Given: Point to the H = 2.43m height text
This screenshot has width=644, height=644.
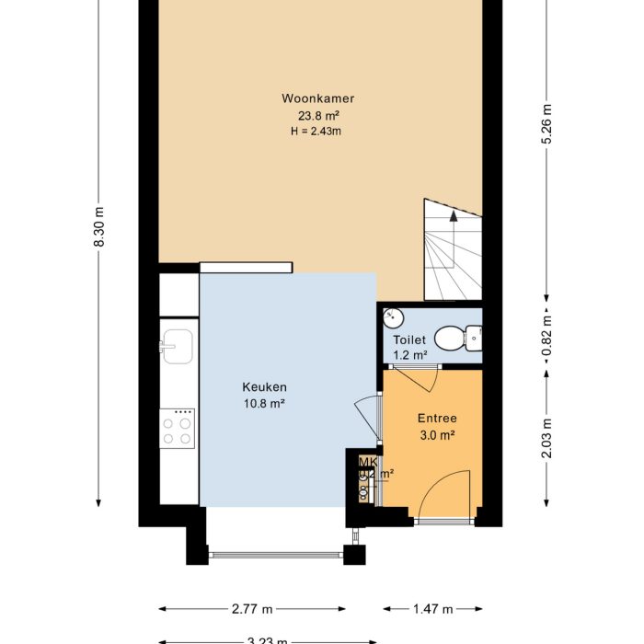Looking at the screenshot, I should [x=316, y=132].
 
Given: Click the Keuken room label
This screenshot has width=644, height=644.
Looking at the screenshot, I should [x=265, y=387].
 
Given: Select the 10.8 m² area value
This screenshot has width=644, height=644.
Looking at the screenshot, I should [x=264, y=403].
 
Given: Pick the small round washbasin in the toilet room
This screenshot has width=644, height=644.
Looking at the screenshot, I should [x=393, y=318].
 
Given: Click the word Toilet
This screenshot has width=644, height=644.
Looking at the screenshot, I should [x=410, y=339].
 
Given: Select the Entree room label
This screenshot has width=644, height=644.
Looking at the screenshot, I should [x=437, y=419].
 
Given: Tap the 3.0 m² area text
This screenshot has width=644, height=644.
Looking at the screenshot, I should [x=437, y=435].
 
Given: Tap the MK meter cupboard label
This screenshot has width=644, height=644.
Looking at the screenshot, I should [x=367, y=462].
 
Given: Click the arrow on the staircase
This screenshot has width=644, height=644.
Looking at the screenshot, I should [x=453, y=218].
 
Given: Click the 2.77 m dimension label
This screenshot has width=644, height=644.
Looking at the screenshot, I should [x=252, y=609].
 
